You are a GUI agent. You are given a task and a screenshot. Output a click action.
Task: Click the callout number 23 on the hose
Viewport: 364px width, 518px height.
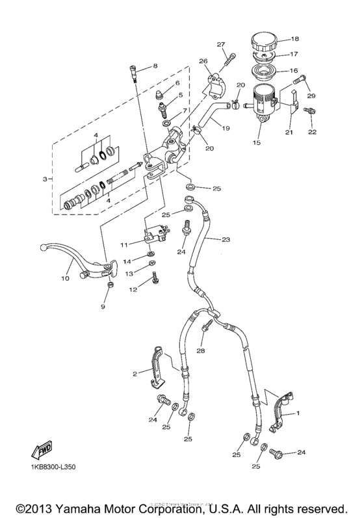[226, 240]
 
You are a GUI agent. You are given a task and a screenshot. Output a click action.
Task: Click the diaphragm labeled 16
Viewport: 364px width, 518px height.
[266, 71]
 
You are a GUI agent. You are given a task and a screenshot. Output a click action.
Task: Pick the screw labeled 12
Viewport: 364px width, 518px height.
[154, 278]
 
